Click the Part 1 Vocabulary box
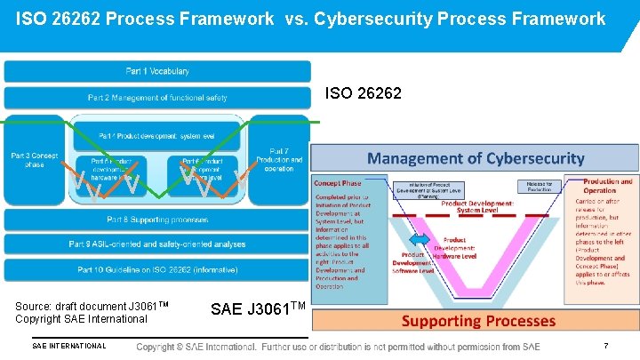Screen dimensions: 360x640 click(x=157, y=71)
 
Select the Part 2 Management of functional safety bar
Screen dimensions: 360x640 click(x=157, y=97)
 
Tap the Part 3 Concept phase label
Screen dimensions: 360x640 click(x=34, y=160)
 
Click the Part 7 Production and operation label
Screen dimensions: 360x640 click(x=279, y=160)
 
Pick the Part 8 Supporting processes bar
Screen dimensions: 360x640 click(x=157, y=219)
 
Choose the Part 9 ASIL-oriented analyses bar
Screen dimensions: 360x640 click(x=157, y=244)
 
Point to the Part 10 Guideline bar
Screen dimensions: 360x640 click(x=157, y=268)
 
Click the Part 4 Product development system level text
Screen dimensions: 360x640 click(x=157, y=135)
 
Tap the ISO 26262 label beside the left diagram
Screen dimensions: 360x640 click(x=364, y=92)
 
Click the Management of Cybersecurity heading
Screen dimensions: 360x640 click(x=476, y=159)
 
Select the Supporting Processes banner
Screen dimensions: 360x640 click(x=479, y=321)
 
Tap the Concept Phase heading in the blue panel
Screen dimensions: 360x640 click(x=338, y=183)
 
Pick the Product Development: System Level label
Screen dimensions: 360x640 click(x=477, y=206)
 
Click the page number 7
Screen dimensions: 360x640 click(x=605, y=346)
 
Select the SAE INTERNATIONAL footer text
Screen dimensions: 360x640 click(x=68, y=346)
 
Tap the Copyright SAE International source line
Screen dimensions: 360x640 click(x=81, y=318)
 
